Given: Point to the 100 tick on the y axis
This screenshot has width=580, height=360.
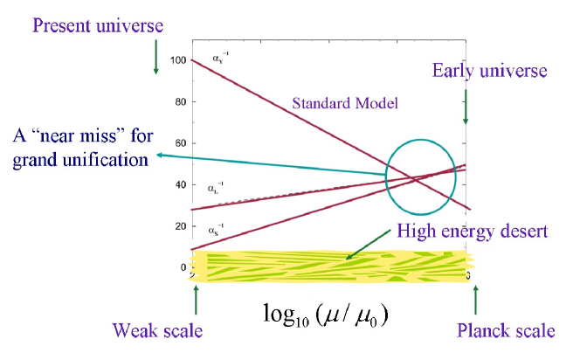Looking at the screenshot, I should (178, 60).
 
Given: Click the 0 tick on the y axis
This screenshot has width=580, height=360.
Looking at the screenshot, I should (183, 267).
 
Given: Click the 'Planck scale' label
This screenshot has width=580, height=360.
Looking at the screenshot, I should (506, 331).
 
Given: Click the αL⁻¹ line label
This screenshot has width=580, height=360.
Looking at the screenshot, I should (216, 187).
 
